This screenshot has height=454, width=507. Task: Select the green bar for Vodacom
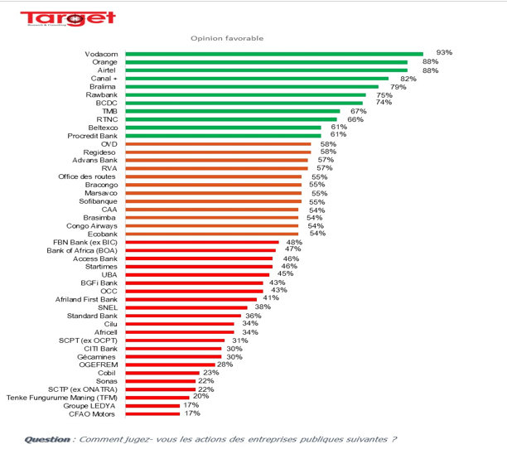click(x=273, y=54)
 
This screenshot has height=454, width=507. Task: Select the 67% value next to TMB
click(x=358, y=110)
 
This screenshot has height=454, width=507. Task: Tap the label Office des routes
click(x=89, y=176)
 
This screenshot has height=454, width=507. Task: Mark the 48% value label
click(x=293, y=242)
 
